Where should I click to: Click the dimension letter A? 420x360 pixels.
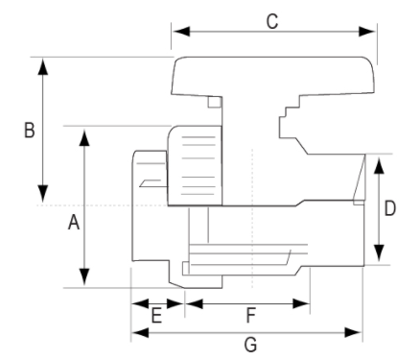pyautogui.click(x=74, y=223)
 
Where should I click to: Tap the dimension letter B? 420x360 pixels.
pyautogui.click(x=30, y=131)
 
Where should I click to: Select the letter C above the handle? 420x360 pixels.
pyautogui.click(x=272, y=22)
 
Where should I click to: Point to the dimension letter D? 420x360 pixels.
pyautogui.click(x=389, y=208)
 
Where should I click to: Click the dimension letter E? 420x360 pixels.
pyautogui.click(x=156, y=316)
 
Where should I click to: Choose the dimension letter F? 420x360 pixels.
pyautogui.click(x=251, y=316)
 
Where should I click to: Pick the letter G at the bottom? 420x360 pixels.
pyautogui.click(x=250, y=345)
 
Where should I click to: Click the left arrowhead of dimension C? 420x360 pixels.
pyautogui.click(x=181, y=32)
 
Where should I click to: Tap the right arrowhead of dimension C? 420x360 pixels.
pyautogui.click(x=366, y=32)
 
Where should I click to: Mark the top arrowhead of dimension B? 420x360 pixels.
pyautogui.click(x=43, y=66)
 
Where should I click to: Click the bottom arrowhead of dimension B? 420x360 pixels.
pyautogui.click(x=43, y=194)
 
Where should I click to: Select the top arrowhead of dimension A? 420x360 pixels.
pyautogui.click(x=84, y=137)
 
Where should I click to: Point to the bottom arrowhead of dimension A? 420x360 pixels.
pyautogui.click(x=84, y=276)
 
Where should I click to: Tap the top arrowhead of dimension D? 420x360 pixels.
pyautogui.click(x=379, y=165)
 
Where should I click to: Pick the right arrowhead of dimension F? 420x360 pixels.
pyautogui.click(x=301, y=303)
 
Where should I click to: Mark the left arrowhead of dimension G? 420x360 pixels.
pyautogui.click(x=141, y=332)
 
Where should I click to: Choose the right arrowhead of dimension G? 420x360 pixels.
pyautogui.click(x=353, y=332)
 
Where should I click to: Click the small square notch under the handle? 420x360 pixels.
pyautogui.click(x=214, y=102)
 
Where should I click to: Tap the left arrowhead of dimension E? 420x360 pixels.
pyautogui.click(x=141, y=303)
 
